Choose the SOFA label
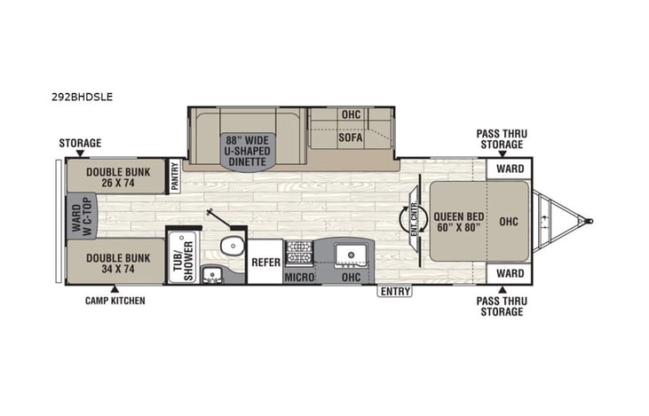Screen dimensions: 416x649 (351, 138)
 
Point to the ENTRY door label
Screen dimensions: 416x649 (392, 290)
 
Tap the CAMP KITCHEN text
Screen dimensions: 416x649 (115, 301)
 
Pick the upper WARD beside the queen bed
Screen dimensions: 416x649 (508, 169)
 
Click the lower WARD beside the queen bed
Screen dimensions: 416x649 (508, 272)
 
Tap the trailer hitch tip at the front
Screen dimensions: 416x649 (590, 220)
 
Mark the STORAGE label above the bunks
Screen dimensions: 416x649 (80, 143)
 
